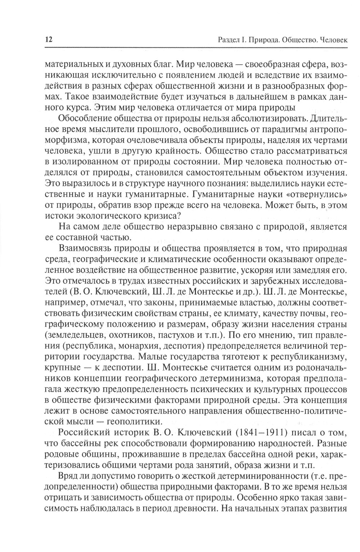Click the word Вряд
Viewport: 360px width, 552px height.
click(67, 476)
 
